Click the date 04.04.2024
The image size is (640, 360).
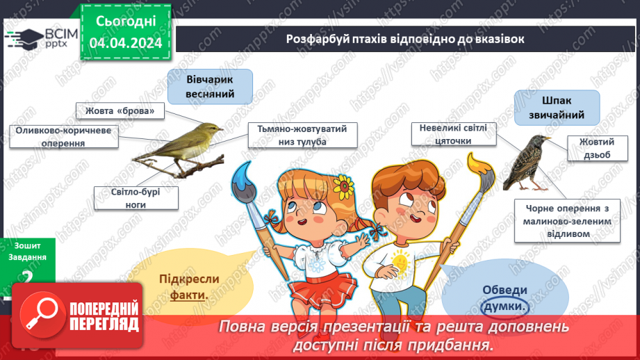click(126, 43)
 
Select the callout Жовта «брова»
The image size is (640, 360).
click(120, 111)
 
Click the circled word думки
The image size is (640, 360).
click(505, 306)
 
